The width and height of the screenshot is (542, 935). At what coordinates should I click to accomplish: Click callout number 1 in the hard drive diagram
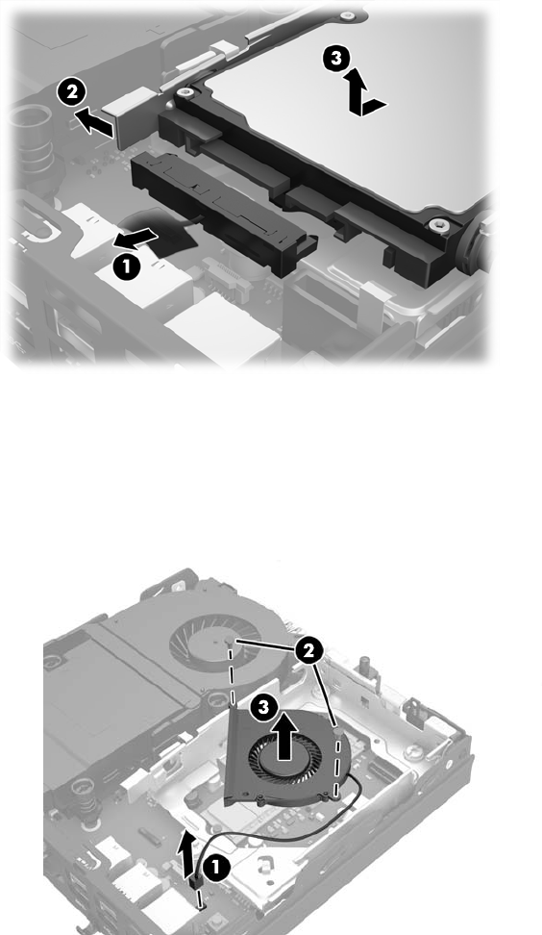click(126, 266)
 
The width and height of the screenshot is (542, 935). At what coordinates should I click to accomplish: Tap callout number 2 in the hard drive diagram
click(72, 92)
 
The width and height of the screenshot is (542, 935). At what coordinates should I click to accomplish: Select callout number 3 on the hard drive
click(336, 59)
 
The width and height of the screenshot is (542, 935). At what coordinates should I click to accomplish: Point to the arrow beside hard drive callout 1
click(135, 240)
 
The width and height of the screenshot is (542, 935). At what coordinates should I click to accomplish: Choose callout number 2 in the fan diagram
click(308, 651)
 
